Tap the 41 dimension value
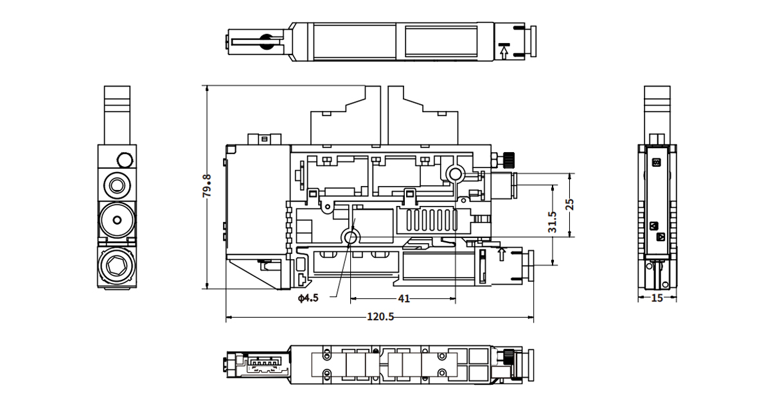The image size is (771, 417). click(403, 298)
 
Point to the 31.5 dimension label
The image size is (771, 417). click(552, 222)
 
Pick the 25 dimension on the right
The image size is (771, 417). click(569, 205)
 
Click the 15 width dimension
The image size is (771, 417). click(656, 298)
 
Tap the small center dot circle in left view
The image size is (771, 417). click(116, 220)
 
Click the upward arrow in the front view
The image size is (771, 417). click(502, 254)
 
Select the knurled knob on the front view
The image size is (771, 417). click(509, 158)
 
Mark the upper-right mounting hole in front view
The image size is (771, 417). click(456, 173)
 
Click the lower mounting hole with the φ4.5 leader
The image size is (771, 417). click(351, 238)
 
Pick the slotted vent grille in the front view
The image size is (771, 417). click(427, 221)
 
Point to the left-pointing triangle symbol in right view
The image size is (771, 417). click(654, 225)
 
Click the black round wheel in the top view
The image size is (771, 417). click(265, 42)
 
